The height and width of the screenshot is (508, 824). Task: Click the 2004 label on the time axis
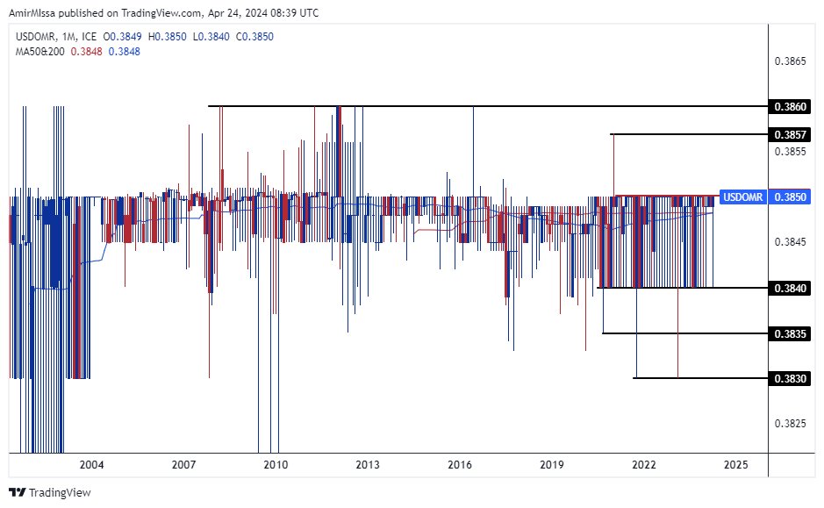[91, 465]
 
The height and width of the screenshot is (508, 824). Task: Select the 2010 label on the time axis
[276, 465]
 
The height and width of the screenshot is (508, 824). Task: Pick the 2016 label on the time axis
[459, 465]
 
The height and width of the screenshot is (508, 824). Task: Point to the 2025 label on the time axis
[736, 465]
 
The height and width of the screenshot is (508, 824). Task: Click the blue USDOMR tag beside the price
[742, 197]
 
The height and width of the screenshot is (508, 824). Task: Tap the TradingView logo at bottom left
[50, 493]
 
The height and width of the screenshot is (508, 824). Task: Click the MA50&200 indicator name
[40, 52]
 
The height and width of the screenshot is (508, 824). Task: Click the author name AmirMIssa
[34, 13]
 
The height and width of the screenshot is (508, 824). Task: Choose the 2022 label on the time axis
[644, 465]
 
